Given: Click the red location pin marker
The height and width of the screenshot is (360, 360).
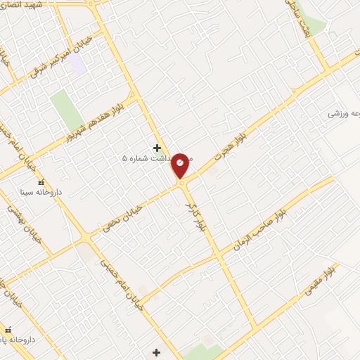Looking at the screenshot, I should point(181,166).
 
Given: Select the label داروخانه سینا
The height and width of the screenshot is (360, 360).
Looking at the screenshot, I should point(44,191).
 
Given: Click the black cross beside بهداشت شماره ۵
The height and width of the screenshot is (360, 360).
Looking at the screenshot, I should point(157,148).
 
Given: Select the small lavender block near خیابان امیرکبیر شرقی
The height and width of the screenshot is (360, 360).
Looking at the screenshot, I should point(77,65).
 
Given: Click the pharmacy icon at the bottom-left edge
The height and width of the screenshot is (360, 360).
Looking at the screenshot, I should point(8,330).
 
